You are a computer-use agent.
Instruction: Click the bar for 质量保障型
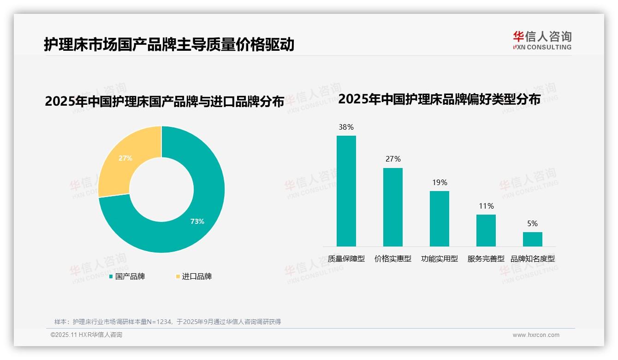(346, 191)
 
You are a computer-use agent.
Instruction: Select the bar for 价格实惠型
(392, 207)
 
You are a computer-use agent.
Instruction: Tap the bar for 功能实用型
(439, 218)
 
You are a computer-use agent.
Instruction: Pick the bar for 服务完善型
(486, 230)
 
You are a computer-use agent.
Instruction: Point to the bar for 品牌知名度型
(532, 239)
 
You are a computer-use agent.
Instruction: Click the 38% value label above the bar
(346, 127)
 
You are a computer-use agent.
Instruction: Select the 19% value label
(440, 182)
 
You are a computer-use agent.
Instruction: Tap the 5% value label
(532, 223)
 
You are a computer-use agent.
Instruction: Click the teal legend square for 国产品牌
(111, 276)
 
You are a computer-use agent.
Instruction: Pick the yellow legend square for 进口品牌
(178, 276)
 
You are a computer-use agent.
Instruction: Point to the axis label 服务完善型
(486, 259)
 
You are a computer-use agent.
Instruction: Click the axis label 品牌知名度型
(532, 259)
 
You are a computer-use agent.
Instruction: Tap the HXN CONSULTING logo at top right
(542, 41)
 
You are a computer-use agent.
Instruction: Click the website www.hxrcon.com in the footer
(536, 335)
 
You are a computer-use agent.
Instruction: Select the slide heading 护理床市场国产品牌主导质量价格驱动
(169, 45)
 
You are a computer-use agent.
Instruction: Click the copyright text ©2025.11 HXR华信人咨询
(86, 335)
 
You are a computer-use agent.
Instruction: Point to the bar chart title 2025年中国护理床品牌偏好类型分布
(439, 99)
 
